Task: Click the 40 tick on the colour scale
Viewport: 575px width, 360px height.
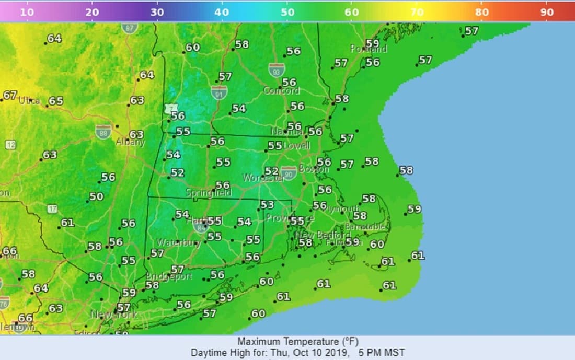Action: coord(222,11)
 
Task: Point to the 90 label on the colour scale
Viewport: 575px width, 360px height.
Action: coord(547,11)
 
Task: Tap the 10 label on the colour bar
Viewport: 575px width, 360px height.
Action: coord(27,11)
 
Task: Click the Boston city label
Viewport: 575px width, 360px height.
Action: coord(314,169)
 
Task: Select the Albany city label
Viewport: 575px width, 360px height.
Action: coord(130,142)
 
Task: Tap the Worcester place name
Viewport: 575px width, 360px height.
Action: coord(263,178)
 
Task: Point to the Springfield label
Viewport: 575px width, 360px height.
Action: coord(209,193)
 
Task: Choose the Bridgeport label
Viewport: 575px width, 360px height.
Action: coord(169,276)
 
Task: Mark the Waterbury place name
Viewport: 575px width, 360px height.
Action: coord(179,243)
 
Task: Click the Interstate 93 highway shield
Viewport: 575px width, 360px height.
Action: coord(277,69)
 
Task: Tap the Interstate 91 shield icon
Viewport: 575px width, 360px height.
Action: coord(219,92)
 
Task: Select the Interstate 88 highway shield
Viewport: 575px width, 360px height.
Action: coord(103,131)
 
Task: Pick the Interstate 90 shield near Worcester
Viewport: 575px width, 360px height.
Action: coord(289,173)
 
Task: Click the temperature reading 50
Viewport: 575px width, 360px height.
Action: coord(96,196)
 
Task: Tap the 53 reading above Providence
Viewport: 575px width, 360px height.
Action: coord(267,205)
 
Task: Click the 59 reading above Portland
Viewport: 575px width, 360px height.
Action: coord(372,43)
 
